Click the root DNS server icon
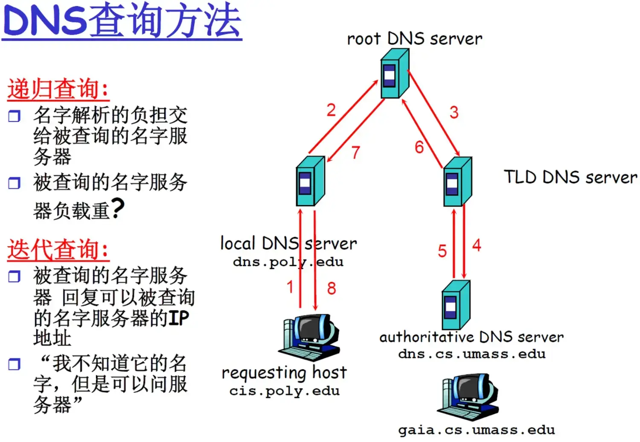395,73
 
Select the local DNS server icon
310,181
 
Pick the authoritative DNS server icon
456,304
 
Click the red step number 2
331,110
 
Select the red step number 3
454,112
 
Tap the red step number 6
419,147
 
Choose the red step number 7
356,152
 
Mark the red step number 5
442,251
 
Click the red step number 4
477,245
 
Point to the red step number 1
290,287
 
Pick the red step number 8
332,288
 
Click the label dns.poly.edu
288,262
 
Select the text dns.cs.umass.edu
471,354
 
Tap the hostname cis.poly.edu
284,391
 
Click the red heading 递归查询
58,89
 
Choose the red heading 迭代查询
58,250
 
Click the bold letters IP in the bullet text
178,318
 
